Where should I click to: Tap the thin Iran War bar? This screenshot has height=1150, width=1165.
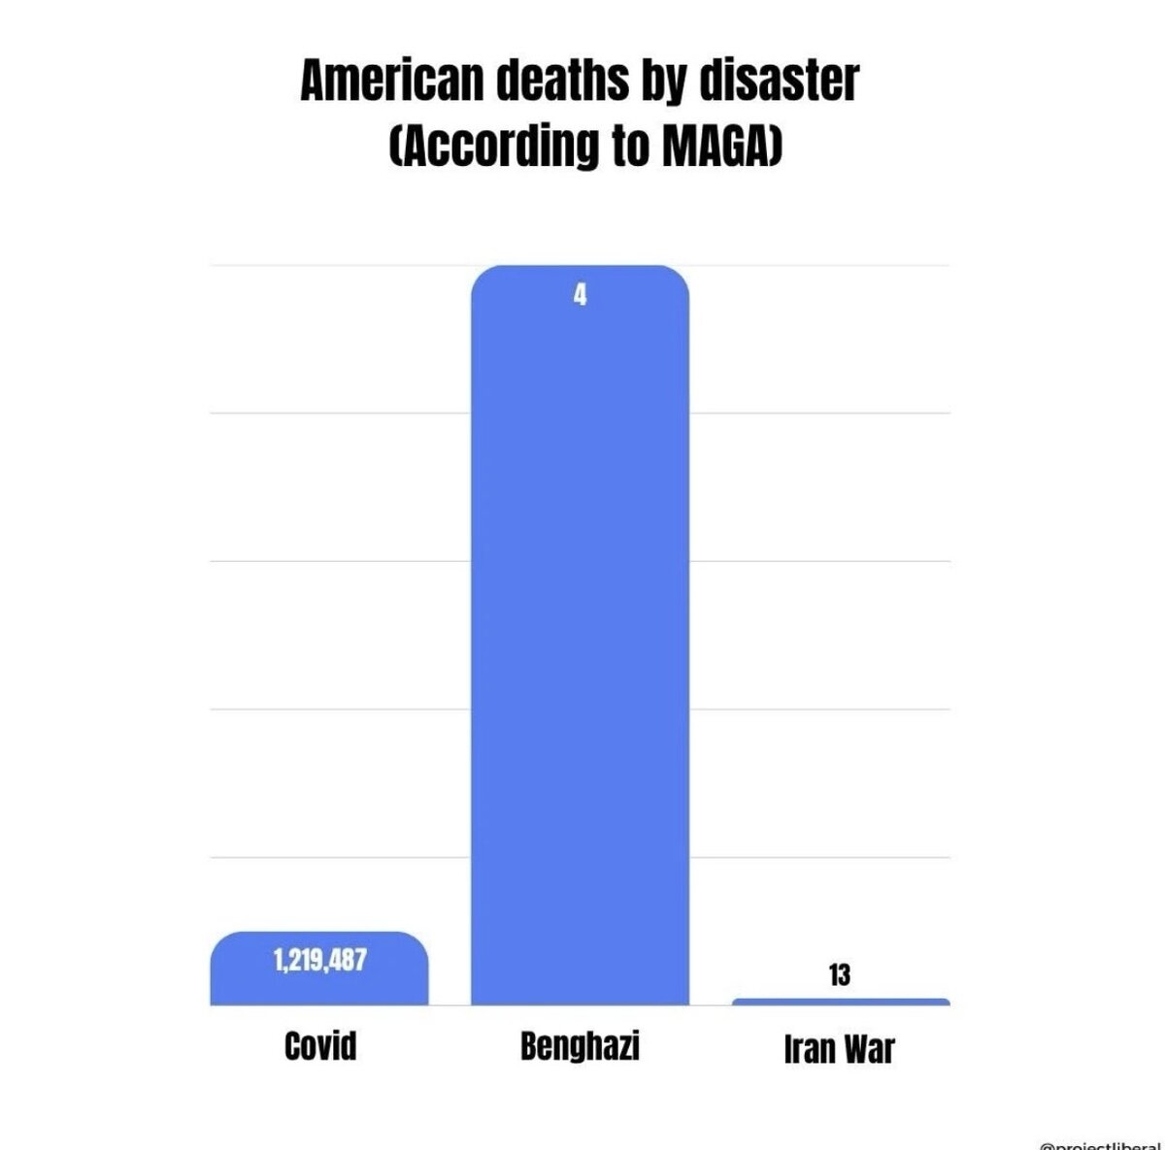pyautogui.click(x=841, y=1002)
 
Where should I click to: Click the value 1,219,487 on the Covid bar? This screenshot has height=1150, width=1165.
pyautogui.click(x=319, y=961)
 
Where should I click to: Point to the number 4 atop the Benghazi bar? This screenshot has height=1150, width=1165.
pyautogui.click(x=580, y=295)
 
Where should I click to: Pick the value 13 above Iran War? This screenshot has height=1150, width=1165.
pyautogui.click(x=840, y=975)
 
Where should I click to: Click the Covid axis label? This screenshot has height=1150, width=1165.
pyautogui.click(x=320, y=1046)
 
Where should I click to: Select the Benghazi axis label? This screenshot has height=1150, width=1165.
pyautogui.click(x=580, y=1046)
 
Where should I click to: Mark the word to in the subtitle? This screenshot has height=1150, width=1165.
pyautogui.click(x=627, y=146)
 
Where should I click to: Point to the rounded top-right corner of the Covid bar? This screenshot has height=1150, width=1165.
pyautogui.click(x=417, y=942)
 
